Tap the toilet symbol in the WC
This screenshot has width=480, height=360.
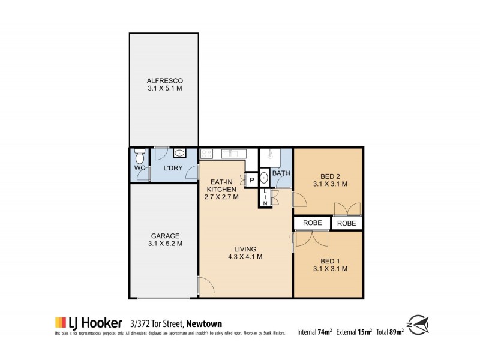click(x=139, y=158)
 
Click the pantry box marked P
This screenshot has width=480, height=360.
click(x=252, y=179)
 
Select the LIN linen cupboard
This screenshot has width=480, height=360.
click(x=264, y=197)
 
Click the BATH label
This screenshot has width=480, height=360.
click(x=281, y=174)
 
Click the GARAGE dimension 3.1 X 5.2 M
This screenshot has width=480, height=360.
click(x=164, y=244)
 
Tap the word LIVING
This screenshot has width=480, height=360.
click(x=246, y=249)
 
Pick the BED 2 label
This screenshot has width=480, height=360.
click(x=327, y=176)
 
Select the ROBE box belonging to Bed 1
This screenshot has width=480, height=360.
click(x=312, y=223)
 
